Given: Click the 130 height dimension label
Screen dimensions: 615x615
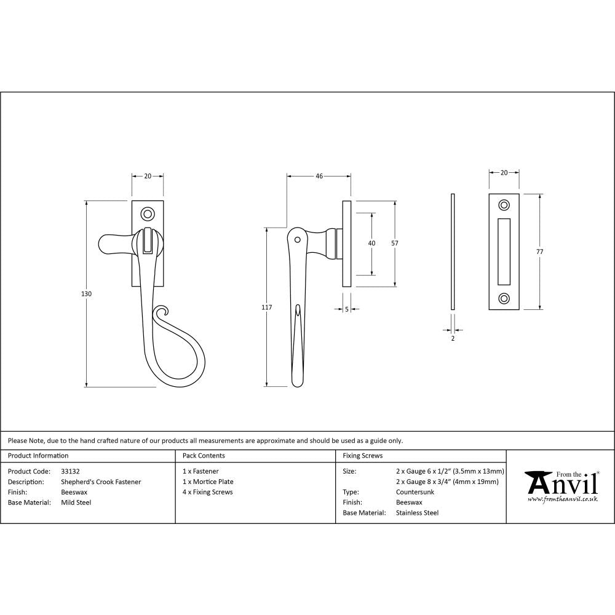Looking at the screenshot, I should pos(87,294).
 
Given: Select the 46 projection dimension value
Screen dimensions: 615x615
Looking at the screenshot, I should pos(319,177).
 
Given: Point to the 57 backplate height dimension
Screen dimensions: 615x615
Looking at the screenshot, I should pos(395,244).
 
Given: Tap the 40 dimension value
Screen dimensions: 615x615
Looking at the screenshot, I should pos(371,244).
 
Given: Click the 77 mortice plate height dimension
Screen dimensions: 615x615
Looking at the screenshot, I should pos(540,252).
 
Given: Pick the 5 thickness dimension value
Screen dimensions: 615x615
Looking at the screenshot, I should pos(347,309).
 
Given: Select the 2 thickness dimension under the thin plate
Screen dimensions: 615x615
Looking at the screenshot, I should pos(453,338).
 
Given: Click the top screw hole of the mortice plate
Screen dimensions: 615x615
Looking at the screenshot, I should pos(504,205).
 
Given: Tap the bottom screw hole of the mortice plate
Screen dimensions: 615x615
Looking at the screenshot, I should pos(504,299).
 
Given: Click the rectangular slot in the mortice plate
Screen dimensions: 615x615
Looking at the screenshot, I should pos(504,252).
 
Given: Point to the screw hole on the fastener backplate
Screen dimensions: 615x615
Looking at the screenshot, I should pos(148,214).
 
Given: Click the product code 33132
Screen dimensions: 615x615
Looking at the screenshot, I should pos(71,471).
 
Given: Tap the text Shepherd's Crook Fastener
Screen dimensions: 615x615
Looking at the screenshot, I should pos(101,482).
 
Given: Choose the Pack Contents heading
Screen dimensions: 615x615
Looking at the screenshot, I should pos(204,456).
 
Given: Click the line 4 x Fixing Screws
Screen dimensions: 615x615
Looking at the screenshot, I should pos(208,492).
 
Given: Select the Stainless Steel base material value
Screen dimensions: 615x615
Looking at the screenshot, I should pos(417,512).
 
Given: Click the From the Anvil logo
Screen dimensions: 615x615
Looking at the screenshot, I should pos(560,486).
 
